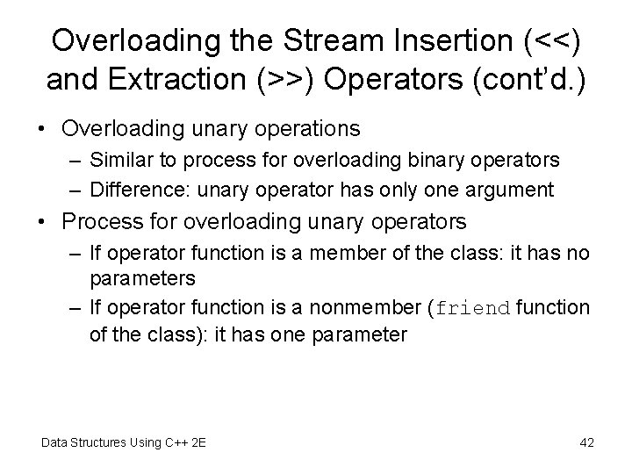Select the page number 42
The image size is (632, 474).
[x=586, y=442]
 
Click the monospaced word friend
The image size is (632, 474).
[x=473, y=309]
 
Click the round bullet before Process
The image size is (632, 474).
[x=43, y=220]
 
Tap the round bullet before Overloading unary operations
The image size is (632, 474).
[x=43, y=129]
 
